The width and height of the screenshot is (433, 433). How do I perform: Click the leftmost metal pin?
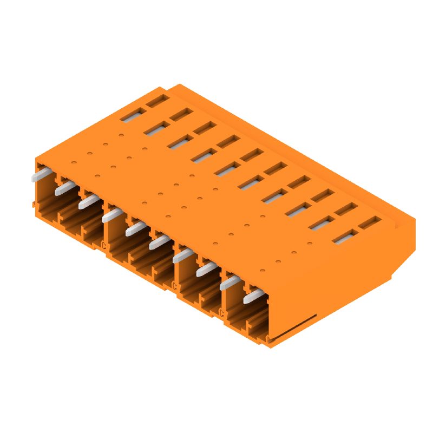pyautogui.click(x=41, y=176)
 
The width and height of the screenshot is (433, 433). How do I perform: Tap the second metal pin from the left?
pyautogui.click(x=64, y=188)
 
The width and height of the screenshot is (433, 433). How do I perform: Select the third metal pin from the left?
pyautogui.click(x=88, y=202)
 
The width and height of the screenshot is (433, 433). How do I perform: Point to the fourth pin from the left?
pyautogui.click(x=112, y=215)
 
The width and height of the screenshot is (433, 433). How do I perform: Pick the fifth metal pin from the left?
pyautogui.click(x=135, y=229)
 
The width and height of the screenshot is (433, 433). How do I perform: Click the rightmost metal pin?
pyautogui.click(x=253, y=297)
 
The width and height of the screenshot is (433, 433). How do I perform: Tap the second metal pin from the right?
pyautogui.click(x=229, y=283)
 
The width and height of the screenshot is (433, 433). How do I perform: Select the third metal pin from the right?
pyautogui.click(x=206, y=269)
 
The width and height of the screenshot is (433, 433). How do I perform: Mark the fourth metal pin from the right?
pyautogui.click(x=182, y=255)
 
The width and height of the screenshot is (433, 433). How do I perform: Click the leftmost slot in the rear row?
pyautogui.click(x=158, y=100)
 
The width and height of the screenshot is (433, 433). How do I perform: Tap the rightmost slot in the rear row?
pyautogui.click(x=370, y=222)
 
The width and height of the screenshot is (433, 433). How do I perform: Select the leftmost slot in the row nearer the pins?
pyautogui.click(x=133, y=114)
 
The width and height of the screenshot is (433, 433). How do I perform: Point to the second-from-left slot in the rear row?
pyautogui.click(x=181, y=114)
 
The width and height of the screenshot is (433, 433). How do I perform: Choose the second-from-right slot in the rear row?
pyautogui.click(x=346, y=208)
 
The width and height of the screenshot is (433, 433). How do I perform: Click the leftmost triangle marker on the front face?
pyautogui.click(x=103, y=245)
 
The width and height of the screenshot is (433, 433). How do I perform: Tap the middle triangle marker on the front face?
pyautogui.click(x=174, y=285)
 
